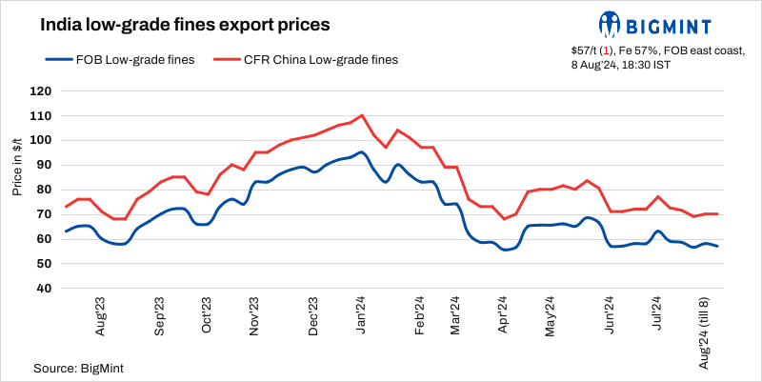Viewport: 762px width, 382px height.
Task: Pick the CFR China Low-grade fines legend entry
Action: click(x=307, y=59)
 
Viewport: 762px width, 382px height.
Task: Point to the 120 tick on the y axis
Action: click(x=40, y=91)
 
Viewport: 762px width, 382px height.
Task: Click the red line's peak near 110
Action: click(x=362, y=115)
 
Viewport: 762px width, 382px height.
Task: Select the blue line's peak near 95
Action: click(x=362, y=152)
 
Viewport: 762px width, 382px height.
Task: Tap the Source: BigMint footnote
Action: click(x=79, y=367)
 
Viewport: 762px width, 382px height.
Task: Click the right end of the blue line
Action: click(x=717, y=247)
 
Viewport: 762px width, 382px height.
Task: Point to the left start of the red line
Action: click(x=66, y=207)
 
